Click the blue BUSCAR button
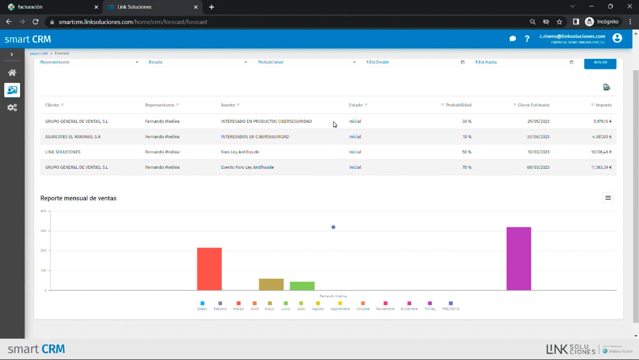click(x=600, y=62)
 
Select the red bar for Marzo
click(x=209, y=269)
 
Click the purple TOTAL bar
click(x=518, y=259)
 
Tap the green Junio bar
click(x=302, y=286)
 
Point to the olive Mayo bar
click(x=271, y=284)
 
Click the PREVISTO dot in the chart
click(x=333, y=227)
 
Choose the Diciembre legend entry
click(x=409, y=306)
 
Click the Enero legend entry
click(x=202, y=306)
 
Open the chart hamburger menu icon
click(x=608, y=198)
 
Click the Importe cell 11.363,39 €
click(x=601, y=167)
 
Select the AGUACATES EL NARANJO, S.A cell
click(x=73, y=137)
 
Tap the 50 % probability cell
click(x=466, y=152)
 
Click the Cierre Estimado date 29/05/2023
click(x=538, y=122)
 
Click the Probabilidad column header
click(x=458, y=105)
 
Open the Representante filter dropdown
click(x=89, y=62)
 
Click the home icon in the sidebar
click(x=12, y=72)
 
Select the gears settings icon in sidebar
click(x=12, y=108)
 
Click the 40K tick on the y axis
click(x=43, y=211)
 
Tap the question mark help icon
click(x=527, y=39)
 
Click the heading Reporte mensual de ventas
click(x=79, y=198)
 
